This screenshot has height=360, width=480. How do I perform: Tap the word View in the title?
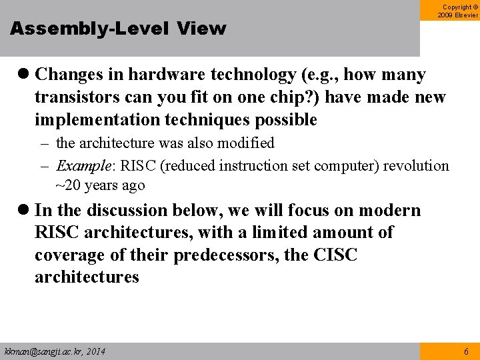[202, 29]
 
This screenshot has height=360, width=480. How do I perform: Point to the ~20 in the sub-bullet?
[67, 185]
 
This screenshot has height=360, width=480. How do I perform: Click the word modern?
[390, 211]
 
